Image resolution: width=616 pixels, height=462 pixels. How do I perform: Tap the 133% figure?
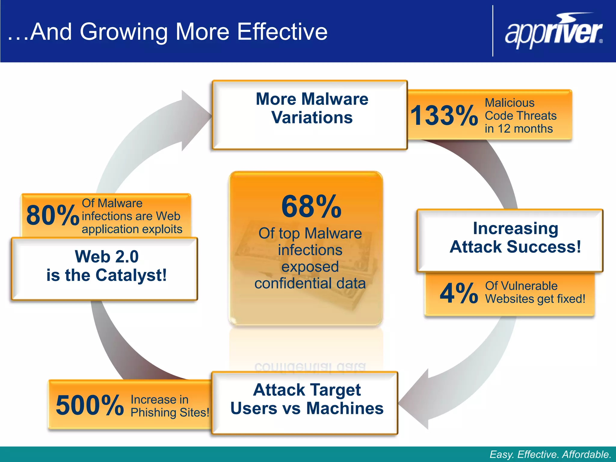coord(444,115)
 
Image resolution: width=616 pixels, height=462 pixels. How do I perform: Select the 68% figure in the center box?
coord(311,207)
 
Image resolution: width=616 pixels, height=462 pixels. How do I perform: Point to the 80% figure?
coord(52,215)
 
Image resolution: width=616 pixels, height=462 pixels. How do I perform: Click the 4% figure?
coord(459,293)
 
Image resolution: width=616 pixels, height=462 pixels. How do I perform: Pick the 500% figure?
coord(90,405)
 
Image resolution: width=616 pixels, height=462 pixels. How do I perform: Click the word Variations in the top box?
coord(312,117)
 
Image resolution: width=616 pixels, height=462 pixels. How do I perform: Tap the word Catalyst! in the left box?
coord(131,275)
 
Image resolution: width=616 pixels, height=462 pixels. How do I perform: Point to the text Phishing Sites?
coord(170,412)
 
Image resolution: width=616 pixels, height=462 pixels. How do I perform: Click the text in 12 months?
coord(519,129)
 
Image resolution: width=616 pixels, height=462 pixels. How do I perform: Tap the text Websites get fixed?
coord(535,299)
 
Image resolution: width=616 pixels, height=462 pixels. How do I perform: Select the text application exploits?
coord(132,229)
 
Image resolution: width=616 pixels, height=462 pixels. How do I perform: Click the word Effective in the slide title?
coord(282,32)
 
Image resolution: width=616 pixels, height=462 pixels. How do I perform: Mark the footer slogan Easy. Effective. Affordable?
coord(550,454)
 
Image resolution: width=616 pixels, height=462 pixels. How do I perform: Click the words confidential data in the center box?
coord(310,283)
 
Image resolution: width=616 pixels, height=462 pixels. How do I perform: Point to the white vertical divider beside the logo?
coord(493,31)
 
